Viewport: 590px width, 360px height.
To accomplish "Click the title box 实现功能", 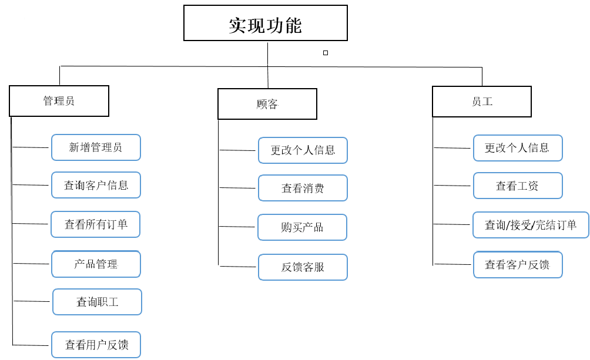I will click(x=266, y=23).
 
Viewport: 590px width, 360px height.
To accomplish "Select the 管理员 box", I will click(x=59, y=101).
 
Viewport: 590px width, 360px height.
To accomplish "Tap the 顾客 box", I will click(x=267, y=104).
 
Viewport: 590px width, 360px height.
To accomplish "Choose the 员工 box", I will click(x=482, y=102).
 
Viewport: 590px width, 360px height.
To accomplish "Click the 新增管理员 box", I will click(x=96, y=147).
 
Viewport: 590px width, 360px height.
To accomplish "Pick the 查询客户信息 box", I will click(x=96, y=185).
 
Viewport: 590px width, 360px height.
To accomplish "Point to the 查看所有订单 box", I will click(x=96, y=224).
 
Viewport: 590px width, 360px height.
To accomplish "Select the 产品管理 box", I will click(x=96, y=264).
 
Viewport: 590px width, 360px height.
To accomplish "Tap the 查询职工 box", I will click(x=97, y=302).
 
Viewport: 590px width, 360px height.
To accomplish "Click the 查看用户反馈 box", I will click(x=96, y=345).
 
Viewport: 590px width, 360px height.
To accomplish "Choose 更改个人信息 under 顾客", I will click(x=303, y=150).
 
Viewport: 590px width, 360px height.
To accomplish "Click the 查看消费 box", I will click(x=303, y=188).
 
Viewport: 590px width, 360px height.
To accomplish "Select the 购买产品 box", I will click(x=302, y=227).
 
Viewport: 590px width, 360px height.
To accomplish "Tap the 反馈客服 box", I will click(x=303, y=267).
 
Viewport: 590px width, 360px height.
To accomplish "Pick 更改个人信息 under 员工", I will click(x=518, y=148).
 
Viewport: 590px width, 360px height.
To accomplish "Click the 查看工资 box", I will click(x=518, y=186).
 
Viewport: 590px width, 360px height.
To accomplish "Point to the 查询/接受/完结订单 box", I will click(x=531, y=225).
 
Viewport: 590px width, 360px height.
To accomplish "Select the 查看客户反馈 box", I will click(x=518, y=265).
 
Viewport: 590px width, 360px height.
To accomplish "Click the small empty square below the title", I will click(x=326, y=53).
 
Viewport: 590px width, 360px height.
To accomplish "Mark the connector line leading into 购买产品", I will click(x=237, y=227).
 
